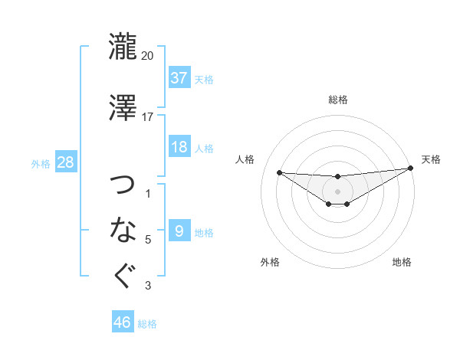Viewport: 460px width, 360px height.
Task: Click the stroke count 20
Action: coord(148,56)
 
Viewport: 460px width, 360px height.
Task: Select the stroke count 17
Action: coord(148,116)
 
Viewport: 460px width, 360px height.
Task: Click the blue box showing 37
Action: coord(179,77)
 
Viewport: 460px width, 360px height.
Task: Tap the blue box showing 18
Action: coord(179,147)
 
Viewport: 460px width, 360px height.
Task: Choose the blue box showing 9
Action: coord(179,231)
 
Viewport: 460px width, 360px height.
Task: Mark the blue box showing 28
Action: coord(65,162)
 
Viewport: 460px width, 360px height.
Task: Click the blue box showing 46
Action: coord(123,322)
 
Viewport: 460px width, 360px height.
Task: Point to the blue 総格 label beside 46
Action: coord(147,324)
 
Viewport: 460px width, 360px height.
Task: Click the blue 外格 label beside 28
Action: coord(41,163)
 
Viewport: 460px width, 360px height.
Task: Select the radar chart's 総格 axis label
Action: coord(337,100)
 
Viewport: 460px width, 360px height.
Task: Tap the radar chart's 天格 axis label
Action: coord(431,159)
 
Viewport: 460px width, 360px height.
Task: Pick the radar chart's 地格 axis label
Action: coord(402,262)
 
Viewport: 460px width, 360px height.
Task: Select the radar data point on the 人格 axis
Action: coord(279,172)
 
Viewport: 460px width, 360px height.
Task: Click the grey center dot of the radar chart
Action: coord(337,191)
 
